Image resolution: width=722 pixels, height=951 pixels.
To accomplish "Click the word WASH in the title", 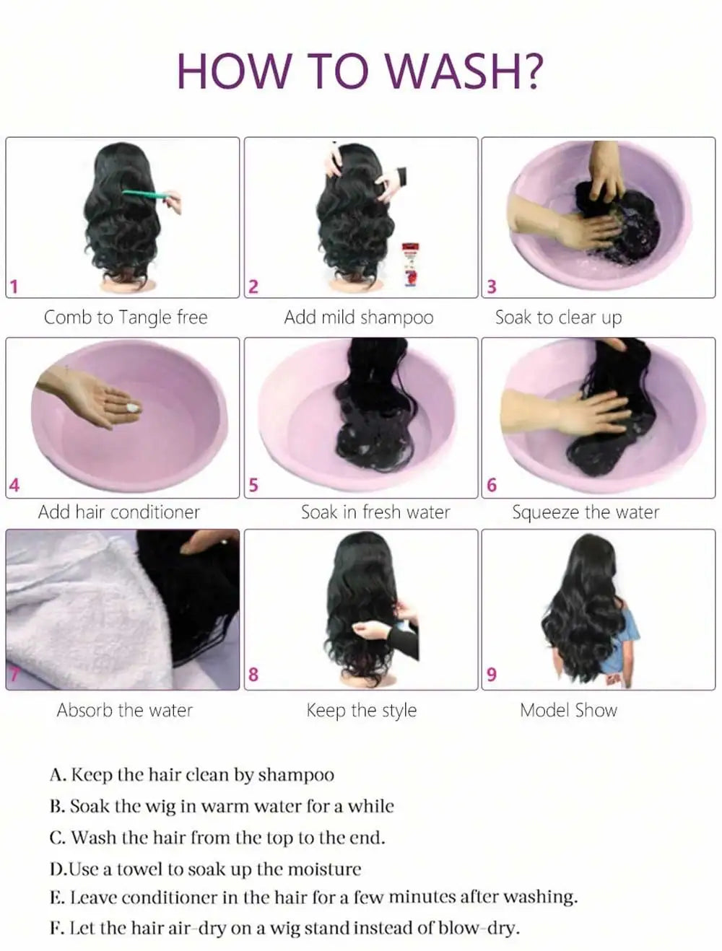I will pos(463,71).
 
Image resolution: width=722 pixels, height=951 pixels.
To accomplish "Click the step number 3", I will pos(492,286).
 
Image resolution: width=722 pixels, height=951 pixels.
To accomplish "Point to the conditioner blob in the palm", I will pos(133,408).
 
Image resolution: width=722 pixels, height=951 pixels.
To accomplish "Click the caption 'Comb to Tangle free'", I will pos(126,317).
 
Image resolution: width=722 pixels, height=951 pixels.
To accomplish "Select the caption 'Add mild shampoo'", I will pos(359,317).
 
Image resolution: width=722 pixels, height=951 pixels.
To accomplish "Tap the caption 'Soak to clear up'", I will pos(558,317).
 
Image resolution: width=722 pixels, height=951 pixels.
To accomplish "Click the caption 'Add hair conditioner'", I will pos(119,512).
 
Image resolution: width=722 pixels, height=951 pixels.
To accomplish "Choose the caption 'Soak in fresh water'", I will pos(375,512).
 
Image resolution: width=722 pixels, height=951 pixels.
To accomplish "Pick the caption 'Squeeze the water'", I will pos(586,512).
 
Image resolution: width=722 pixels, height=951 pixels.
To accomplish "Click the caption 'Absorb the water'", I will pos(125,710).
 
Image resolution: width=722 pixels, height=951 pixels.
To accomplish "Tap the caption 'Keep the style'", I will pos(362,710).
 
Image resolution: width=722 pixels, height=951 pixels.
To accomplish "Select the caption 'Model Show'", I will pos(569,710).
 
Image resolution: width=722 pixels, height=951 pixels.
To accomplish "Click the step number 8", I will pos(253,675).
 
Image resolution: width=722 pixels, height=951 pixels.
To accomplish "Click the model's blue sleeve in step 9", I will pos(628,635).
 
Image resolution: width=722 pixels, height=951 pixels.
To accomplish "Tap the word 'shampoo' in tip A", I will pos(296,776).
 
